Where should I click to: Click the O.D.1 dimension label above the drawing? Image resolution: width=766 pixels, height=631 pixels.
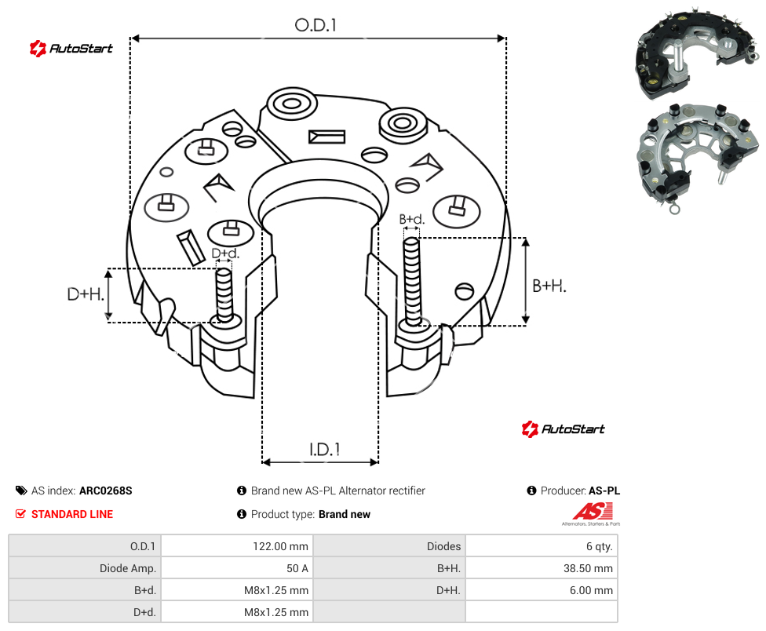click(x=316, y=25)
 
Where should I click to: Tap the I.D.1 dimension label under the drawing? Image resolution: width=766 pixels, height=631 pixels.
click(x=324, y=450)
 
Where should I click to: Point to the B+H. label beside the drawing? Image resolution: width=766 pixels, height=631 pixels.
click(x=549, y=286)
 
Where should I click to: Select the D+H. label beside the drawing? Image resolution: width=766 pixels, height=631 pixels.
click(x=86, y=294)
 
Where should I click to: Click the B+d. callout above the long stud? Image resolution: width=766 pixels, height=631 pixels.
click(x=412, y=219)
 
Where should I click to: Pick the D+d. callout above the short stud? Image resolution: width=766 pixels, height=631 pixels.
click(x=225, y=253)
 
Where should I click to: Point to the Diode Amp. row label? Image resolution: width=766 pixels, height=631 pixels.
click(x=127, y=568)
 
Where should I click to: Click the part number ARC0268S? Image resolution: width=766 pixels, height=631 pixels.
click(x=105, y=491)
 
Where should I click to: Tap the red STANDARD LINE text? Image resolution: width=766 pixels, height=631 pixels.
click(x=72, y=514)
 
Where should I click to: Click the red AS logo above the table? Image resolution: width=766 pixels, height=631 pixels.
click(x=592, y=512)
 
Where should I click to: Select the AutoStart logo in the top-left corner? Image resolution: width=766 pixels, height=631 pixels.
click(x=71, y=49)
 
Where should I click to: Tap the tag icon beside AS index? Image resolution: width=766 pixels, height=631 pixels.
click(x=21, y=491)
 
